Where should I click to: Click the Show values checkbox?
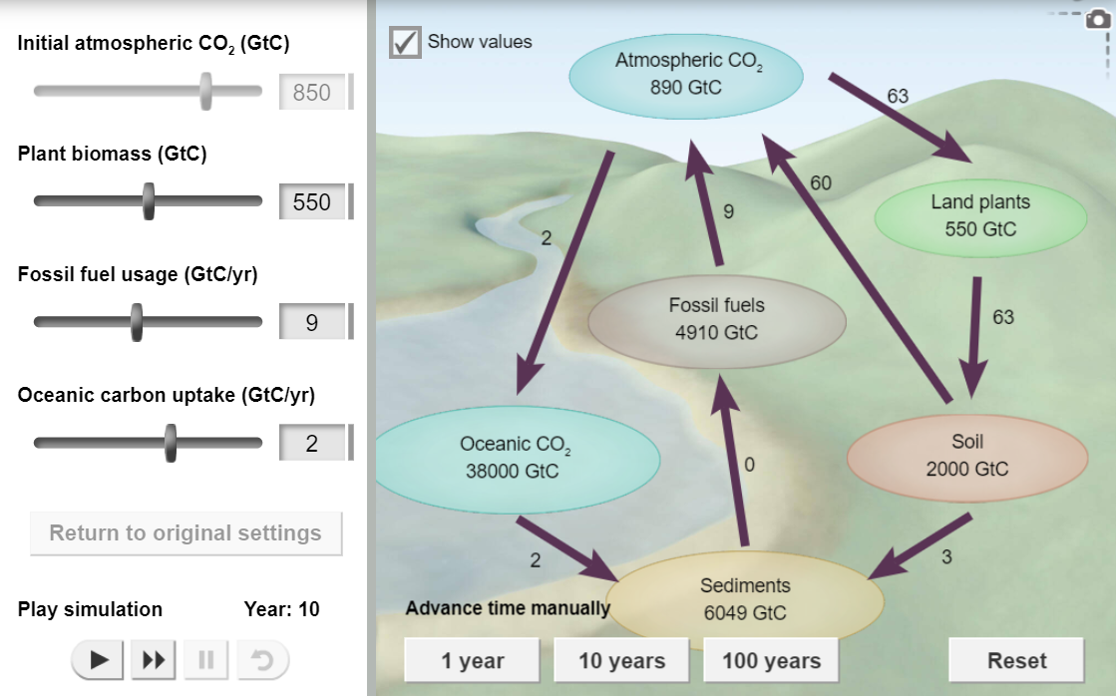[405, 43]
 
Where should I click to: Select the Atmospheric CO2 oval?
[686, 74]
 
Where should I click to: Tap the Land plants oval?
[980, 215]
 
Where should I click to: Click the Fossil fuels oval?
[716, 319]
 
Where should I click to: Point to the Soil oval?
[966, 456]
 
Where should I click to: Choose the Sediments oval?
[745, 599]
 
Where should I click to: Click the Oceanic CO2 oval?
[514, 457]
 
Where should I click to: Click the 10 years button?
[622, 660]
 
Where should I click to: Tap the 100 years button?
[771, 660]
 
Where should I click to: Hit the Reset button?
[1015, 660]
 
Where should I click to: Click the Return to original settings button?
[186, 533]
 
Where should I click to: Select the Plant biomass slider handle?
[149, 201]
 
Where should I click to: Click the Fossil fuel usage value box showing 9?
[312, 323]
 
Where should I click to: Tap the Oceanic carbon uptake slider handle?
[171, 443]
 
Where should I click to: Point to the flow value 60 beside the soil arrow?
[821, 182]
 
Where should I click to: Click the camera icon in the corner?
[1097, 22]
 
